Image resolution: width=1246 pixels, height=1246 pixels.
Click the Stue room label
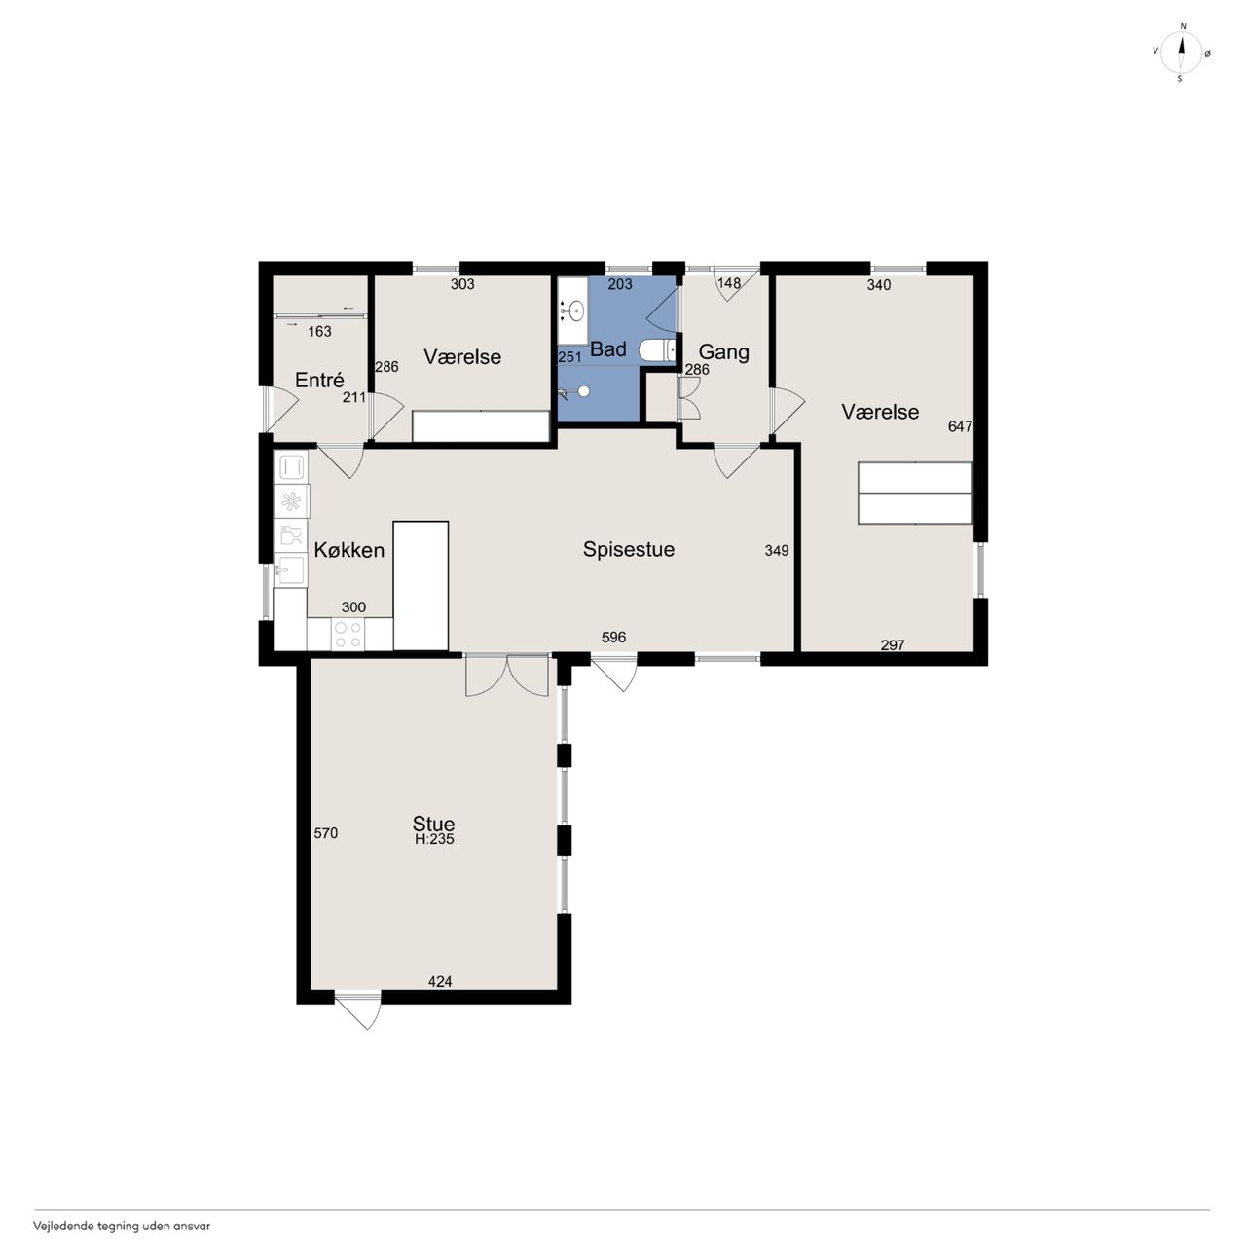pos(433,824)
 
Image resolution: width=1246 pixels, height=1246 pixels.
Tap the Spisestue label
pos(629,549)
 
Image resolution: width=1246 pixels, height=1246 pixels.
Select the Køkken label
pos(349,550)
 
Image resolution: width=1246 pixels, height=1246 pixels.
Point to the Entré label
pos(319,380)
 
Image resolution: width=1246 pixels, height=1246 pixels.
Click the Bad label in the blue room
pos(608,349)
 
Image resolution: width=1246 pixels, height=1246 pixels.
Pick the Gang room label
pos(724,351)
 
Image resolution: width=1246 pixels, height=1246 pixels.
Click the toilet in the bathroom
pos(657,350)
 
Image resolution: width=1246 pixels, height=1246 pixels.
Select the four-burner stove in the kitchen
pos(348,634)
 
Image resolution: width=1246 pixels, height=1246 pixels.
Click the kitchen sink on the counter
pos(291,569)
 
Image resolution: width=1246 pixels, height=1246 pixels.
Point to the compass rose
pos(1182,53)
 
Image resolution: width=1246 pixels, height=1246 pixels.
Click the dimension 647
pos(960,426)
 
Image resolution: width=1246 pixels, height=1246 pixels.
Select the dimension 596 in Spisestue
pos(613,637)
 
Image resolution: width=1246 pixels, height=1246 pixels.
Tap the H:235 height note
pos(434,839)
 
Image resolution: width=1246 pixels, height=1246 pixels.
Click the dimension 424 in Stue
pos(440,981)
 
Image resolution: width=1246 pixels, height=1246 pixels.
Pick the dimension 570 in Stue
pos(326,833)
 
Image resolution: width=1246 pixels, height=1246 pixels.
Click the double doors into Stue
pos(507,675)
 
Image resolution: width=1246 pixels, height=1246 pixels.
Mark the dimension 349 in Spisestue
pos(777,550)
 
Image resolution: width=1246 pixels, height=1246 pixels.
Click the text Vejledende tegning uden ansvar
pos(123,1226)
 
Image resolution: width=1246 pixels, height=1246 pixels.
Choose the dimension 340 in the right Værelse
pos(879,284)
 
